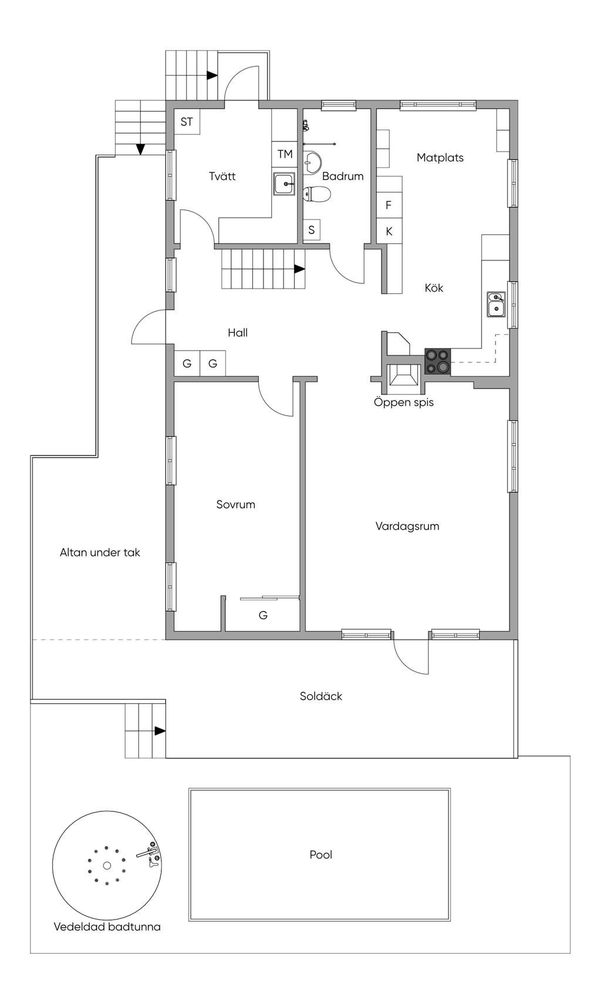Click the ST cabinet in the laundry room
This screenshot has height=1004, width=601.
187,121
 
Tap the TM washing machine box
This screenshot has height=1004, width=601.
285,155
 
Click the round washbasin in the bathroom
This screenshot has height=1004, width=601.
312,162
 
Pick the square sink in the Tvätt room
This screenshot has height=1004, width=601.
284,184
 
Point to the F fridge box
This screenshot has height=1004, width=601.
389,205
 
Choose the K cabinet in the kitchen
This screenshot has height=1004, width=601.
389,231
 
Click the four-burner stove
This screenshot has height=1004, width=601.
438,361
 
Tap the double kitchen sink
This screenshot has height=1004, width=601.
496,304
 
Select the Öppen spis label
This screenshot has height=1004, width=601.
404,402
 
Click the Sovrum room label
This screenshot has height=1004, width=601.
235,504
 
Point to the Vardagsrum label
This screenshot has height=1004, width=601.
407,526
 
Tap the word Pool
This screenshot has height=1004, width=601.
320,854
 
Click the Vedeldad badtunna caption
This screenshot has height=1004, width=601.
107,927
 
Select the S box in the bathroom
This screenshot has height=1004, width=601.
311,230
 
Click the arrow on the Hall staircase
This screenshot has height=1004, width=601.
299,269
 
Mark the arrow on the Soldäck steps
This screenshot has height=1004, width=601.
160,731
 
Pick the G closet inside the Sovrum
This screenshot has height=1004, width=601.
263,615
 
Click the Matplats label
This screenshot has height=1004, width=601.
440,157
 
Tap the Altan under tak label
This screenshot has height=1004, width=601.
100,552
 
